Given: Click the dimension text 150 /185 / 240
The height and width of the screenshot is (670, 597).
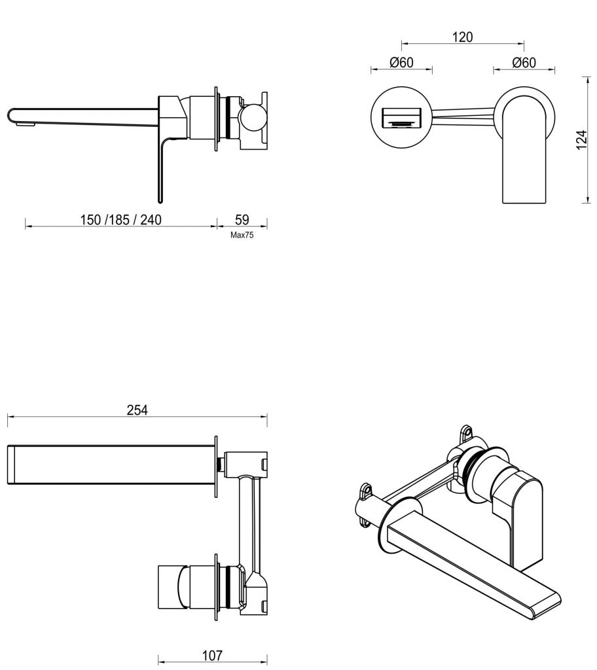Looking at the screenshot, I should (x=120, y=219).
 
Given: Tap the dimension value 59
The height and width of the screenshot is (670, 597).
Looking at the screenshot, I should (x=242, y=219).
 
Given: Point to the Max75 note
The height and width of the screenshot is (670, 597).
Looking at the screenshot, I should (x=242, y=235).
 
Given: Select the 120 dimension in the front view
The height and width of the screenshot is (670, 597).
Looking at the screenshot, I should (x=462, y=37).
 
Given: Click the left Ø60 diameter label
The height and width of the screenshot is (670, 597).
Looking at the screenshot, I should (x=401, y=62).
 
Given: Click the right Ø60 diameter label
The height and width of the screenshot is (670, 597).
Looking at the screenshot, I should (x=524, y=62).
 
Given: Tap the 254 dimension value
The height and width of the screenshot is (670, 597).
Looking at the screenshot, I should (x=137, y=410).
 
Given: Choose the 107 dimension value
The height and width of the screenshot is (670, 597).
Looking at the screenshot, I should (x=212, y=655).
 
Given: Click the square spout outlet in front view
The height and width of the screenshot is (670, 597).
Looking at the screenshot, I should (x=401, y=118).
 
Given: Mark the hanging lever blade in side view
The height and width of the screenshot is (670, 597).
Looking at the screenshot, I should (x=159, y=170).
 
